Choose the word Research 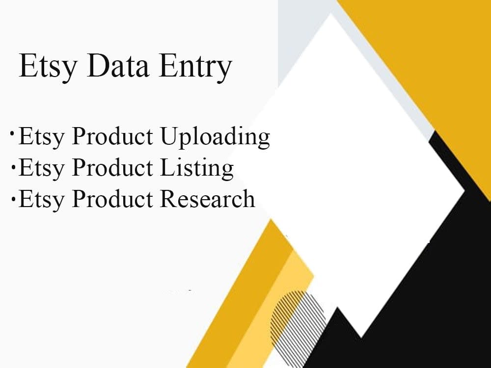coord(207,199)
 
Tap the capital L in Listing coord(166,168)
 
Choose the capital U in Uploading coord(169,137)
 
